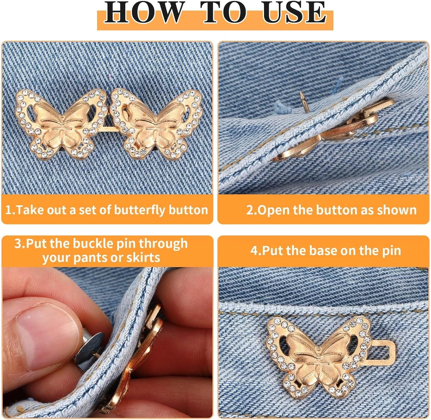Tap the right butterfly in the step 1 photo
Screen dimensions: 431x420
pos(156,123)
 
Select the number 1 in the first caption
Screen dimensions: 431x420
pos(8,210)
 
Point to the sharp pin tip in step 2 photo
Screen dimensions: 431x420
pos(301,93)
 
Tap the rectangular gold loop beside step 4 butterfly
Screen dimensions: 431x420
pos(382,351)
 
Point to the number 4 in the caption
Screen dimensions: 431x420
pos(254,251)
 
